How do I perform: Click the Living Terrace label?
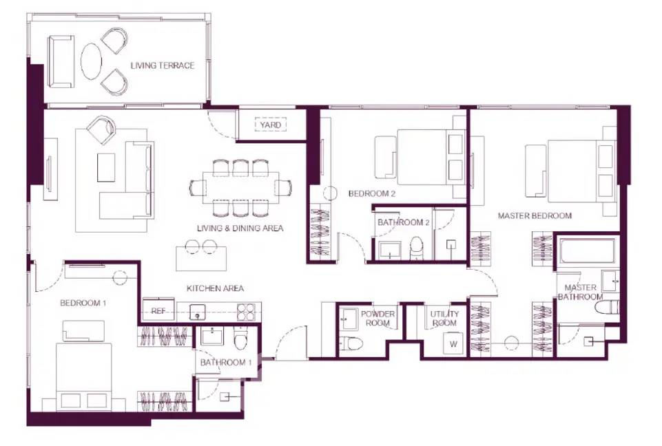163,65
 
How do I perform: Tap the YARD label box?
270,125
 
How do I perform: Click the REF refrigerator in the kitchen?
158,310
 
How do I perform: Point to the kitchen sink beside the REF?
197,312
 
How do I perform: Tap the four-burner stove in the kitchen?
246,312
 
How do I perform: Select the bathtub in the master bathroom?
587,251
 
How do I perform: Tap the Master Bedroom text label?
535,215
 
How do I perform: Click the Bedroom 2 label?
372,193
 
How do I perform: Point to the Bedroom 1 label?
83,303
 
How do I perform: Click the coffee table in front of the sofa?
106,167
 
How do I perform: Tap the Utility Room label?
444,318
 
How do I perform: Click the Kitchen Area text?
216,288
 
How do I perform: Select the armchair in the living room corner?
101,129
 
